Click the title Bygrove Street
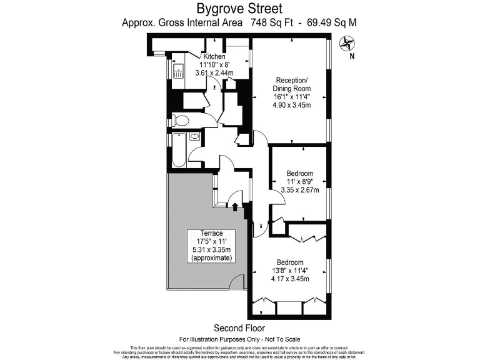pos(240,9)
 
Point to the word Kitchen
pos(213,56)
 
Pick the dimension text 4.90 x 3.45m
pos(292,105)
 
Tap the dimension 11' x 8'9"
pos(299,181)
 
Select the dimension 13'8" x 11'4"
pos(290,270)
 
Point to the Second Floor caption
pos(239,327)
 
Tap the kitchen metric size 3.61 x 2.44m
pos(214,72)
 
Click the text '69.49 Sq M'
pos(329,22)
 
